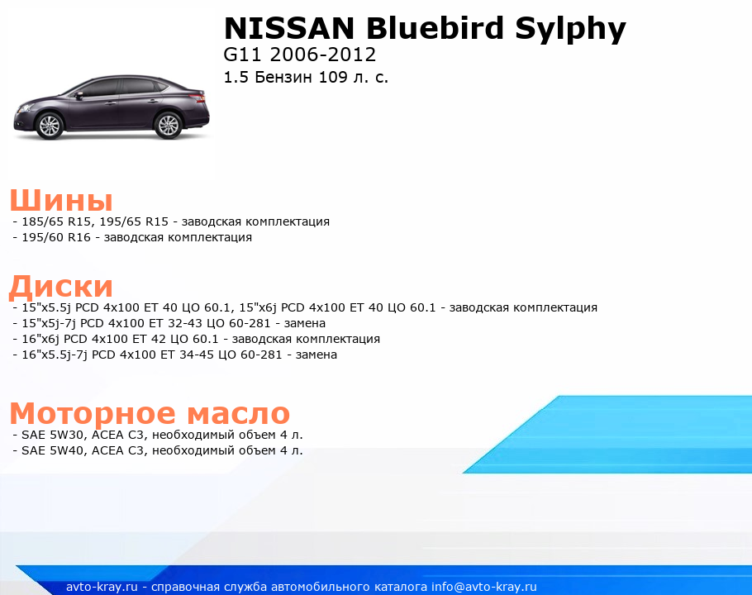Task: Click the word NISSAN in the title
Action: pyautogui.click(x=289, y=28)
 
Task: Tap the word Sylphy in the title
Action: pyautogui.click(x=570, y=31)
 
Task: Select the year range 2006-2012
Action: pyautogui.click(x=323, y=55)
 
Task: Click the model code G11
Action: pyautogui.click(x=242, y=55)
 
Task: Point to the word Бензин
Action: pyautogui.click(x=283, y=77)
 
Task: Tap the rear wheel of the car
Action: pyautogui.click(x=169, y=125)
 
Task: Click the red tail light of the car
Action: pyautogui.click(x=198, y=98)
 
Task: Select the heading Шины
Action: pyautogui.click(x=61, y=200)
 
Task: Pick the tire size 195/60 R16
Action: pyautogui.click(x=56, y=237)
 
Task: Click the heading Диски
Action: pyautogui.click(x=61, y=286)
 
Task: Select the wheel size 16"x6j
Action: pyautogui.click(x=40, y=339)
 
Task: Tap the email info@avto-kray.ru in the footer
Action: pyautogui.click(x=484, y=587)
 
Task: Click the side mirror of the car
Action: pyautogui.click(x=79, y=94)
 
